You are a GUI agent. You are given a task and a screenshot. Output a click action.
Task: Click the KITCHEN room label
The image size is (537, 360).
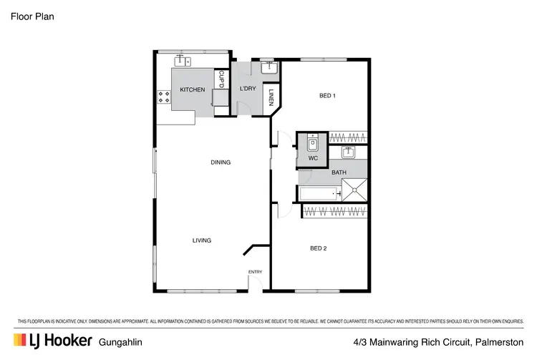(x=192, y=89)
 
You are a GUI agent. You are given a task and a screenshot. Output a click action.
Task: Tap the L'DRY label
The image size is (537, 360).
(x=247, y=89)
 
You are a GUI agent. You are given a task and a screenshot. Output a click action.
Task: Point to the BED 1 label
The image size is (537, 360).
(x=326, y=95)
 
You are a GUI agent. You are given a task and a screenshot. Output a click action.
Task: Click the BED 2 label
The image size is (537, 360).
(x=318, y=248)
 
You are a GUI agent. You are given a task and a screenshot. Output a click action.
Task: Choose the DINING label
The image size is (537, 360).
(x=221, y=162)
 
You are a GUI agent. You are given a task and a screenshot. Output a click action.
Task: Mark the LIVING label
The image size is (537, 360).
(x=202, y=240)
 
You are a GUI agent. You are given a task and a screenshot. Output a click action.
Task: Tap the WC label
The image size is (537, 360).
(x=313, y=158)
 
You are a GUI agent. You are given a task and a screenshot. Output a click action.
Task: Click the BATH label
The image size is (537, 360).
(x=339, y=172)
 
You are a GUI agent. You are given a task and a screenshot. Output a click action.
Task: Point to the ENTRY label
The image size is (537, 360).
(x=255, y=272)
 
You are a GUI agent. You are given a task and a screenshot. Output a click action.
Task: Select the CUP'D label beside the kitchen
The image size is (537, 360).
(x=222, y=77)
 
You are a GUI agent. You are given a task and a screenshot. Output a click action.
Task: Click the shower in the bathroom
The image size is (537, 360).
(x=354, y=190)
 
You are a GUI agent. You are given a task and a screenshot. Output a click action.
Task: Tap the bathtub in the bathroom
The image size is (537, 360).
(x=319, y=193)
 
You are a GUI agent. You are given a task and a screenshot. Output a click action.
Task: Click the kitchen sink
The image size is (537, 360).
(x=181, y=60)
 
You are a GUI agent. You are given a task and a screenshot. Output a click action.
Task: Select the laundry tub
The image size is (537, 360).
(x=268, y=69)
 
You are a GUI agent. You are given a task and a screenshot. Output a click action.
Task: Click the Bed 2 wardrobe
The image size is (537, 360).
(x=337, y=210)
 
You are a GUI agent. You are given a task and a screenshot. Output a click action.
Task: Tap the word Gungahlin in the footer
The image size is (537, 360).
(x=120, y=342)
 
